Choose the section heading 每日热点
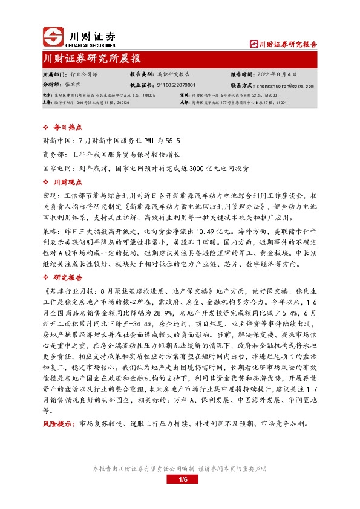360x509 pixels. [68, 128]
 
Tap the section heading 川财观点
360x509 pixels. [68, 183]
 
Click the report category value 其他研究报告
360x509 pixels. [175, 74]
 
